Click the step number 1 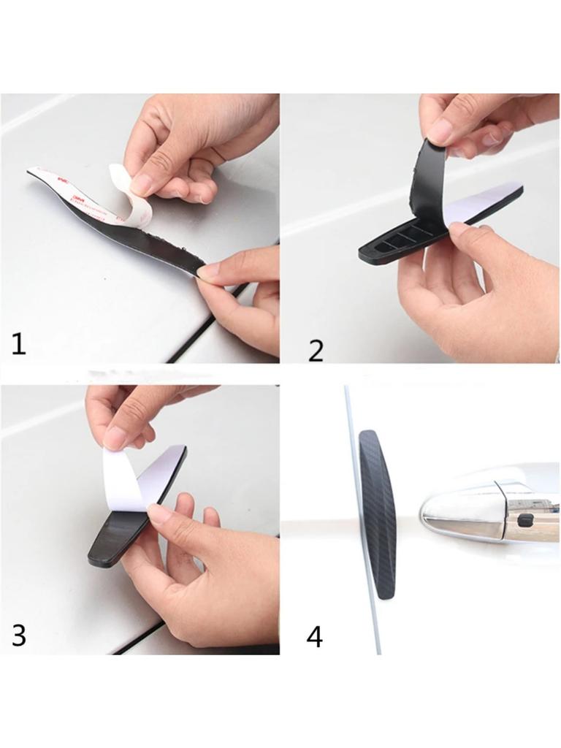point(18,343)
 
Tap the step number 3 point(19,635)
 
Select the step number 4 point(314,636)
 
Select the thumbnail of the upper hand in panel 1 point(141,184)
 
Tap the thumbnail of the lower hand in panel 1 point(209,271)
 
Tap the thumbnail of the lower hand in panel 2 point(459,231)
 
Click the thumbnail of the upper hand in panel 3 point(114,438)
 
